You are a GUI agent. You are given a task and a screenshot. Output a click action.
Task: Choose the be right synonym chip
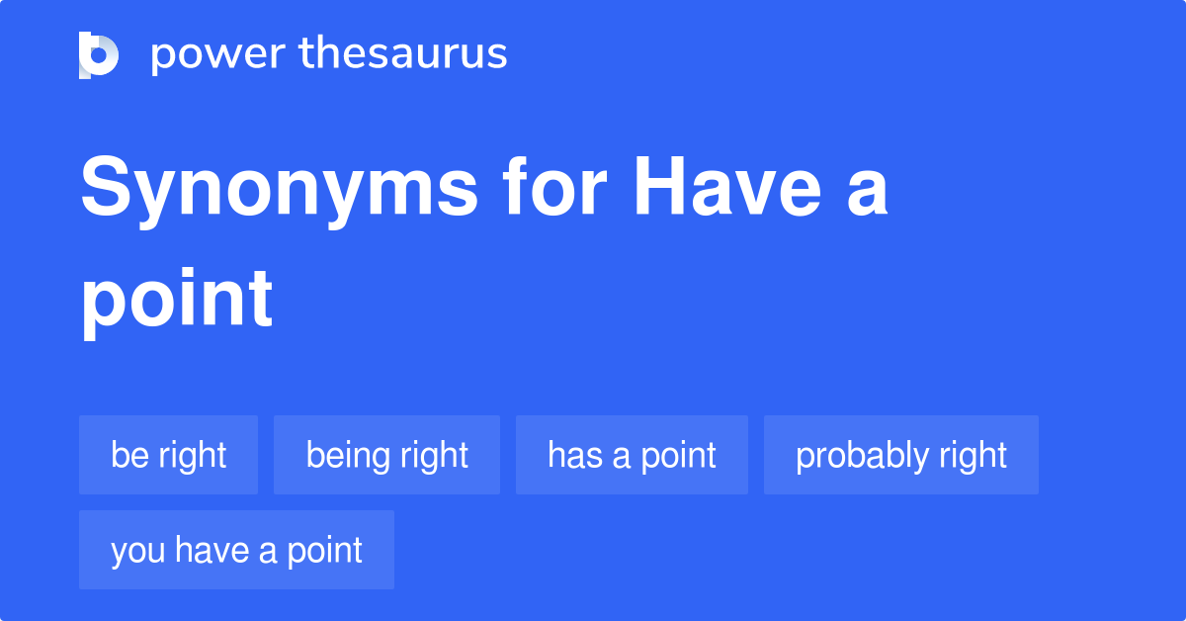[x=168, y=455]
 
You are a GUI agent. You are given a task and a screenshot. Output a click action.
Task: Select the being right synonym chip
[x=386, y=455]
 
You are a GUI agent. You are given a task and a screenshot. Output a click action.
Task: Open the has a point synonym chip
[x=632, y=455]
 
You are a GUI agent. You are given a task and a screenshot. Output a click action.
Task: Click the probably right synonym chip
[x=900, y=455]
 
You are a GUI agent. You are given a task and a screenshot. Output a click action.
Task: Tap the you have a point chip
[x=236, y=550]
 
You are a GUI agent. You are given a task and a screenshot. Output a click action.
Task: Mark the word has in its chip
[x=569, y=455]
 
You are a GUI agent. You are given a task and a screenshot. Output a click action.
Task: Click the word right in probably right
[x=974, y=456]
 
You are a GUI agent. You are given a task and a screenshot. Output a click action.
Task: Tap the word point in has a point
[x=677, y=456]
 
